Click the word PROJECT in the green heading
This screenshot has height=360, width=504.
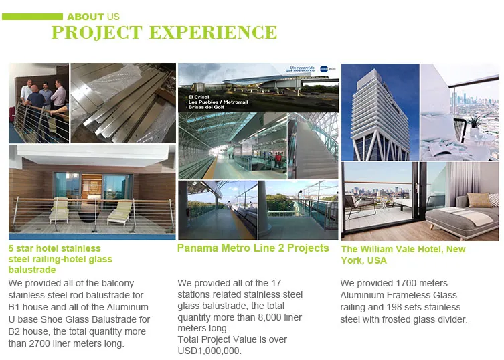pyautogui.click(x=93, y=32)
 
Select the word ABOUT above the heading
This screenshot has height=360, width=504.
pyautogui.click(x=86, y=16)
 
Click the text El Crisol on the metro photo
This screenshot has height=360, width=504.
pyautogui.click(x=199, y=98)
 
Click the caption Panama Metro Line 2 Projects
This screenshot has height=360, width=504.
pyautogui.click(x=253, y=248)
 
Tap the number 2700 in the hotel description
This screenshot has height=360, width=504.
pyautogui.click(x=38, y=344)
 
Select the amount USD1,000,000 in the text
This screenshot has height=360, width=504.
pyautogui.click(x=209, y=351)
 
